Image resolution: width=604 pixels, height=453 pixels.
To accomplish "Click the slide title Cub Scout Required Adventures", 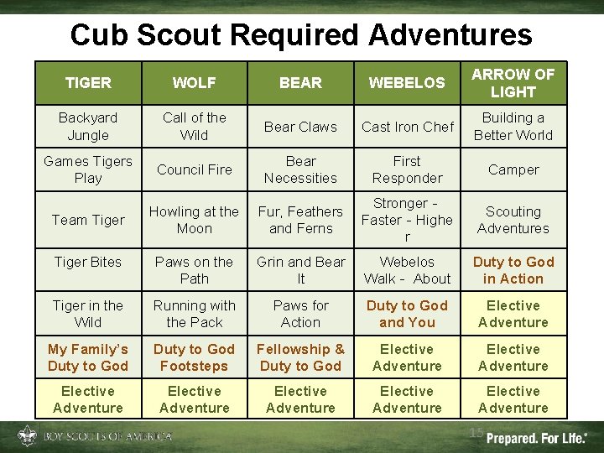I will tap(301, 35).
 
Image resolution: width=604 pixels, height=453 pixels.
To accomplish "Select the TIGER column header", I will tap(88, 82).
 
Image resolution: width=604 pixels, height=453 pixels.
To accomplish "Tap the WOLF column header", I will tap(194, 82).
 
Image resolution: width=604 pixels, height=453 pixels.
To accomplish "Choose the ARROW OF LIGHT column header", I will tap(513, 82).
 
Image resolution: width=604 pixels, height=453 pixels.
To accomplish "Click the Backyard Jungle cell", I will tap(88, 126).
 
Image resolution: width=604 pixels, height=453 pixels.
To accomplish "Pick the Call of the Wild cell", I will tap(194, 126).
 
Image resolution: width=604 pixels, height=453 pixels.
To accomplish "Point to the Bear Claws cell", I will tap(300, 127).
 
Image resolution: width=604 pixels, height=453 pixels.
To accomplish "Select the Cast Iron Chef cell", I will tap(407, 127).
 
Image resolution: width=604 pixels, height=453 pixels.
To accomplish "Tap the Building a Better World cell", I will tap(513, 126).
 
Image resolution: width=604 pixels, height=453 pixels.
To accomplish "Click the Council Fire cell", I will tap(194, 169).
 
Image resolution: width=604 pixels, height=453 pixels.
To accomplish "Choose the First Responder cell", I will tap(407, 169).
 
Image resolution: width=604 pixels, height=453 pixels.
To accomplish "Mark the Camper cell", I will tap(513, 169).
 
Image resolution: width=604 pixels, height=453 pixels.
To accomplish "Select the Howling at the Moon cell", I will tap(194, 220).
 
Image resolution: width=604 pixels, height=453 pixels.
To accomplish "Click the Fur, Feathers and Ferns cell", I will tap(300, 220).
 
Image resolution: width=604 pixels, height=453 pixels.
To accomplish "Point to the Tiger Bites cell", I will tap(88, 262).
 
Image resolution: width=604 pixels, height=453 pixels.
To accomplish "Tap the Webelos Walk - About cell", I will tap(407, 270).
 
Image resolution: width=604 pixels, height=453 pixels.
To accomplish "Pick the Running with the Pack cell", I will tap(194, 314).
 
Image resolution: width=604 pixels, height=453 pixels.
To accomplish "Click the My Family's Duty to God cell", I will tap(88, 357).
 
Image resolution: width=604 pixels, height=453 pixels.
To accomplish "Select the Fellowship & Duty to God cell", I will tap(300, 357).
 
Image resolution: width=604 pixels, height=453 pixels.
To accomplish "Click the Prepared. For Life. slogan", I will tap(537, 437).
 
